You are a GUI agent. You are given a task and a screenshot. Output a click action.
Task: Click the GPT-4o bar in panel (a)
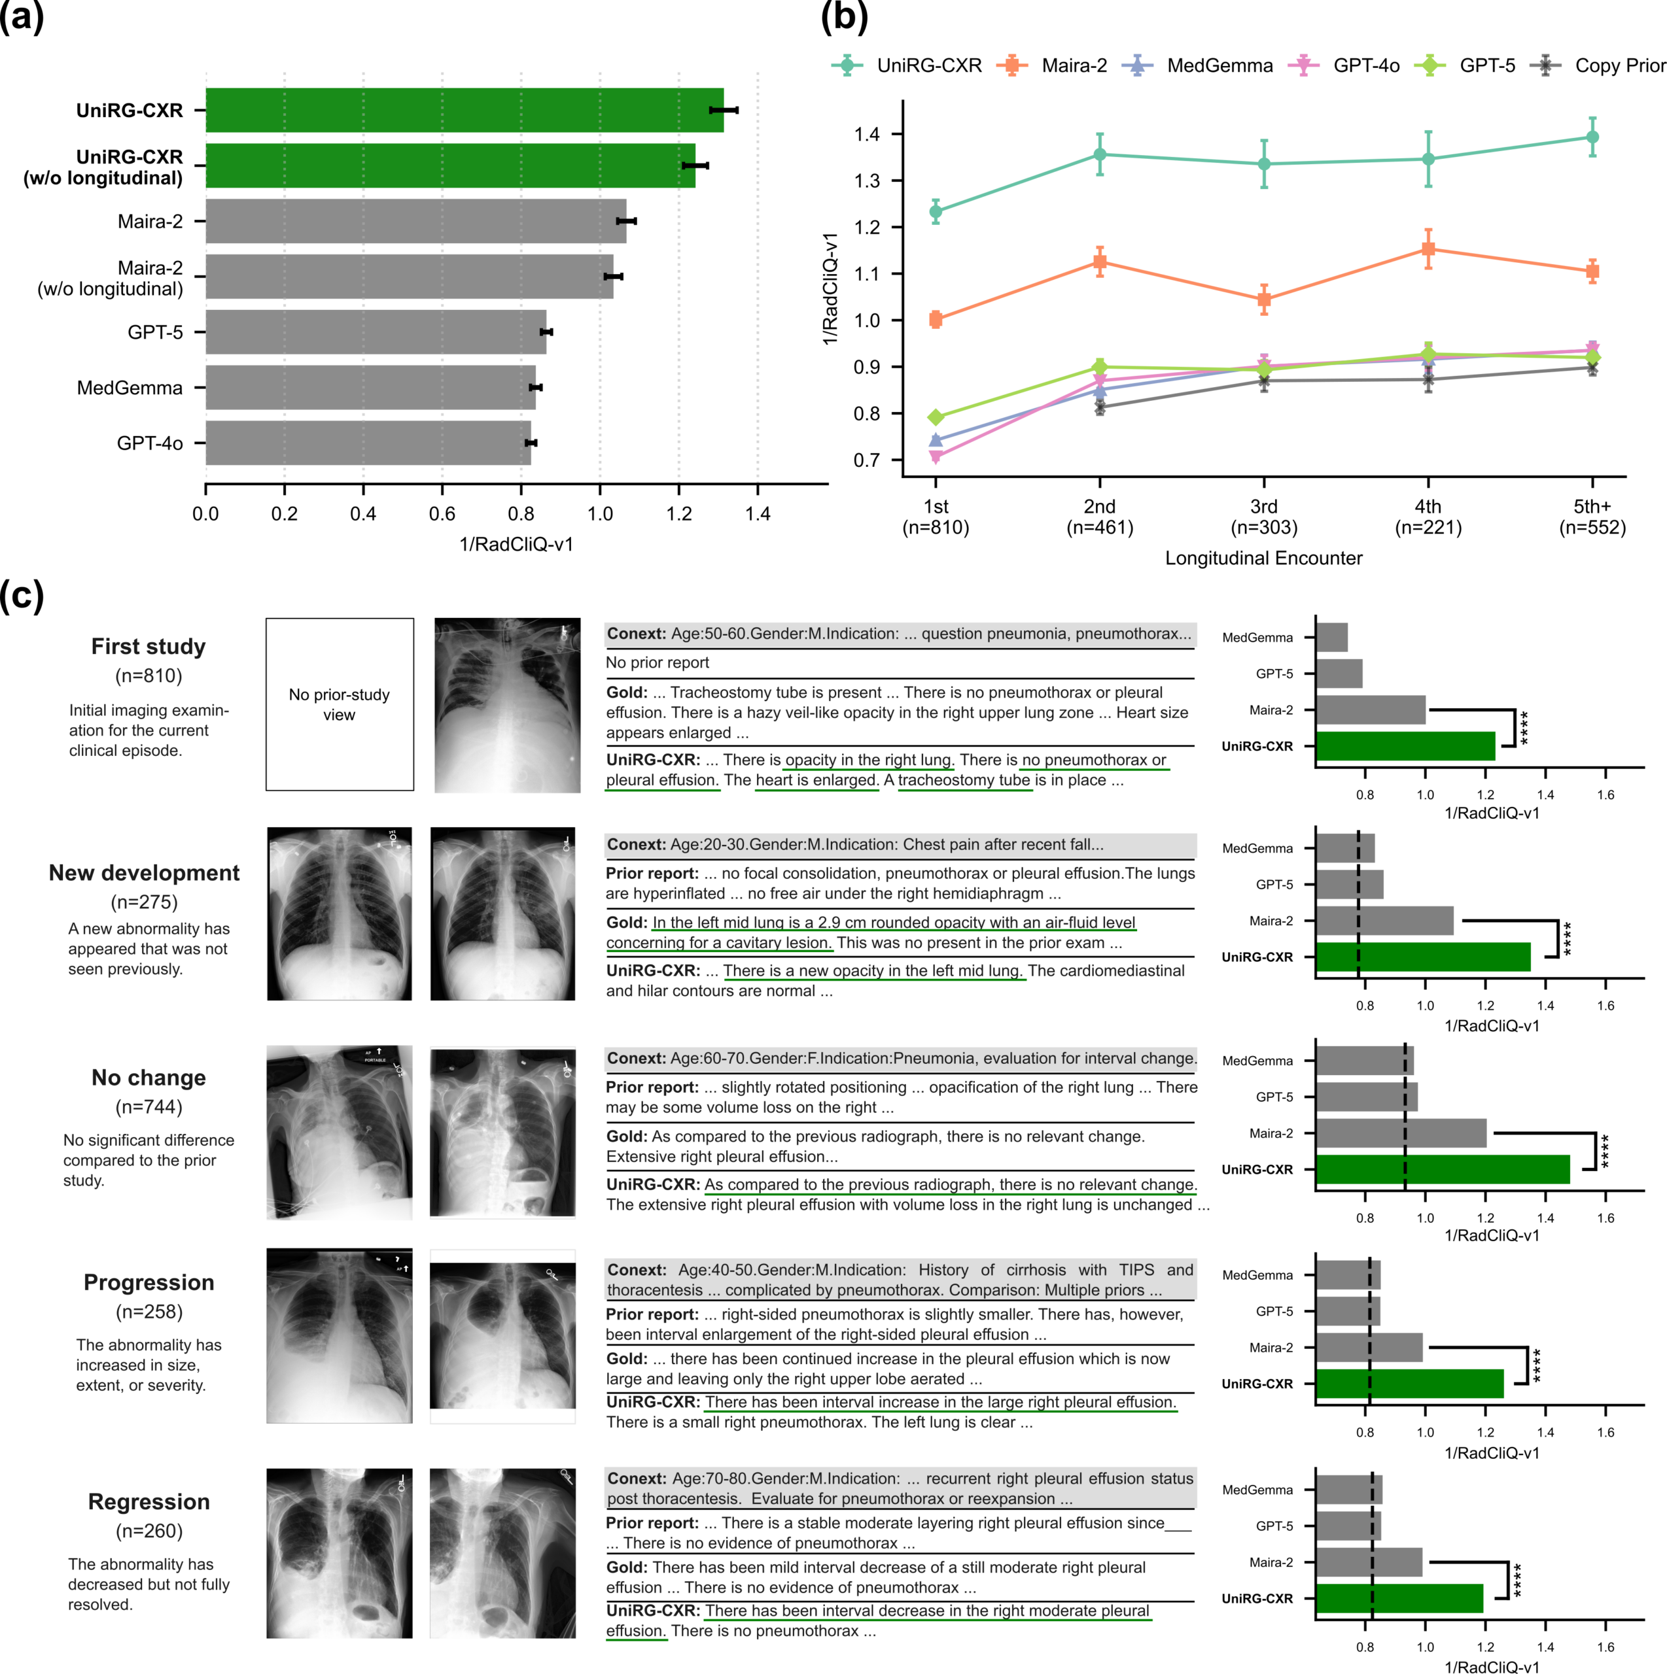368,443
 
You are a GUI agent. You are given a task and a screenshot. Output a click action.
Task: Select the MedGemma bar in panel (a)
370,387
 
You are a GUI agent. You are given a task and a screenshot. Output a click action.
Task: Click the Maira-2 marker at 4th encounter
1428,250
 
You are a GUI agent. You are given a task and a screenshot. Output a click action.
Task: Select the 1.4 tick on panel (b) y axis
867,134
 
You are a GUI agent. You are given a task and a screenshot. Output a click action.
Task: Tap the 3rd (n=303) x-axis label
1263,517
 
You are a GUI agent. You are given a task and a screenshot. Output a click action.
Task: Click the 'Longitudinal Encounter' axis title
1263,558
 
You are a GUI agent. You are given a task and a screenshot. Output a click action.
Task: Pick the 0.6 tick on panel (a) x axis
442,514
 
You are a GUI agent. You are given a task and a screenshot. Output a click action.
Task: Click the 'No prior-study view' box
339,704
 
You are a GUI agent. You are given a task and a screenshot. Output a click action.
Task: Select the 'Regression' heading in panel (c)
149,1501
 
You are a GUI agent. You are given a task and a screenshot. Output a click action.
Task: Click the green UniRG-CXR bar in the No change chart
1443,1169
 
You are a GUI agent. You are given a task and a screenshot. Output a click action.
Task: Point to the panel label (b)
843,18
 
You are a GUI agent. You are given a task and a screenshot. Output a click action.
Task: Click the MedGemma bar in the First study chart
1331,638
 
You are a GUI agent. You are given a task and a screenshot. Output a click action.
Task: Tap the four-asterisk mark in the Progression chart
1537,1365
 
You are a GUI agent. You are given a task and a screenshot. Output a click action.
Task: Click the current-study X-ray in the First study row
507,704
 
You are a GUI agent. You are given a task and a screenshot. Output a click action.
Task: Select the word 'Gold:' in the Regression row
627,1567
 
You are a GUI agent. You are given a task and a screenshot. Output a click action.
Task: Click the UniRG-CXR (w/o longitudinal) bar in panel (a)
450,165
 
